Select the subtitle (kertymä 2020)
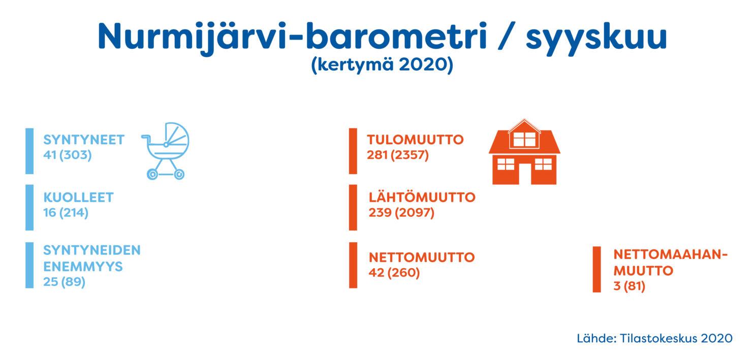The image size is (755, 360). pyautogui.click(x=382, y=64)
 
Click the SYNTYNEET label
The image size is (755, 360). pyautogui.click(x=84, y=140)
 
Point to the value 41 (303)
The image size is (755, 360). pyautogui.click(x=68, y=155)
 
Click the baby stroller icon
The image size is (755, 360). pyautogui.click(x=165, y=150)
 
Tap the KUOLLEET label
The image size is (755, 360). pyautogui.click(x=79, y=198)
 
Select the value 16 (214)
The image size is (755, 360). pyautogui.click(x=66, y=213)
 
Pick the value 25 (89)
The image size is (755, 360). pyautogui.click(x=64, y=282)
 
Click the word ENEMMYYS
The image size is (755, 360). pyautogui.click(x=83, y=267)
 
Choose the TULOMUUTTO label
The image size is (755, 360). pyautogui.click(x=415, y=140)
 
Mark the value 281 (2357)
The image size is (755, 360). pyautogui.click(x=398, y=155)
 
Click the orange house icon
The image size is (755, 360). pyautogui.click(x=524, y=151)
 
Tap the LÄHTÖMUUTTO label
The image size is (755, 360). pyautogui.click(x=422, y=197)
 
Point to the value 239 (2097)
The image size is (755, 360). pyautogui.click(x=401, y=213)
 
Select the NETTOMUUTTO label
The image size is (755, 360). pyautogui.click(x=422, y=257)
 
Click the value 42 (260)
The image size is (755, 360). pyautogui.click(x=394, y=273)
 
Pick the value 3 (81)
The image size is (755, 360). pyautogui.click(x=630, y=286)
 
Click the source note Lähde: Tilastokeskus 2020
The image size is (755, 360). pyautogui.click(x=654, y=339)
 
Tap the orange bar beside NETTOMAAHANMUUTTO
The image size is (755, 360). pyautogui.click(x=596, y=270)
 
